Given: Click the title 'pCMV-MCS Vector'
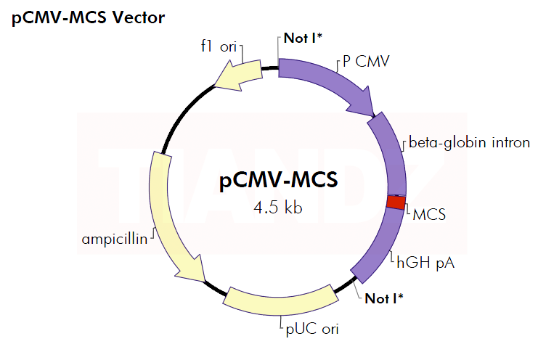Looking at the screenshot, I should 87,17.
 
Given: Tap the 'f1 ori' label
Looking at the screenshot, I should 219,46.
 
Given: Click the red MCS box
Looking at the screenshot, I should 395,202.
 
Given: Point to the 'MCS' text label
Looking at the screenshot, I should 429,215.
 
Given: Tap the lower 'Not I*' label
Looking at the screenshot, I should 384,298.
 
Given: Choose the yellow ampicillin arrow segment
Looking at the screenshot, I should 164,210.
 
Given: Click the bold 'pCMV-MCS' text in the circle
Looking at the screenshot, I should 279,180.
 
